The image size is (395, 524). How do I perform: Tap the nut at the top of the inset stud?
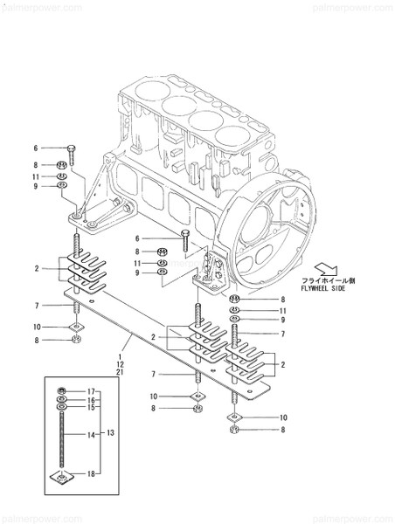pyautogui.click(x=61, y=390)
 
